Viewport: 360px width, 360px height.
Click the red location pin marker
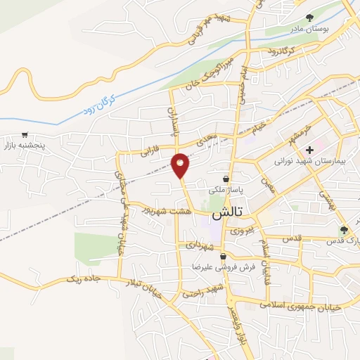click(181, 165)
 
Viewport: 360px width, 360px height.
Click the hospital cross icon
click(309, 150)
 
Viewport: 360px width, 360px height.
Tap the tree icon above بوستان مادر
click(310, 18)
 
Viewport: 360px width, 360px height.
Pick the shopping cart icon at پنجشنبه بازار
click(25, 135)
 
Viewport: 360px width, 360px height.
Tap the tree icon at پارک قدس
click(344, 230)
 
